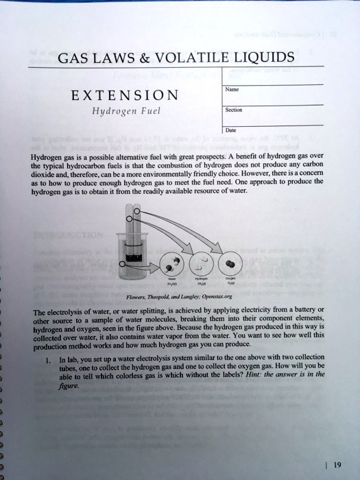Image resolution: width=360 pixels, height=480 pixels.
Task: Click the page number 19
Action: pyautogui.click(x=337, y=463)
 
